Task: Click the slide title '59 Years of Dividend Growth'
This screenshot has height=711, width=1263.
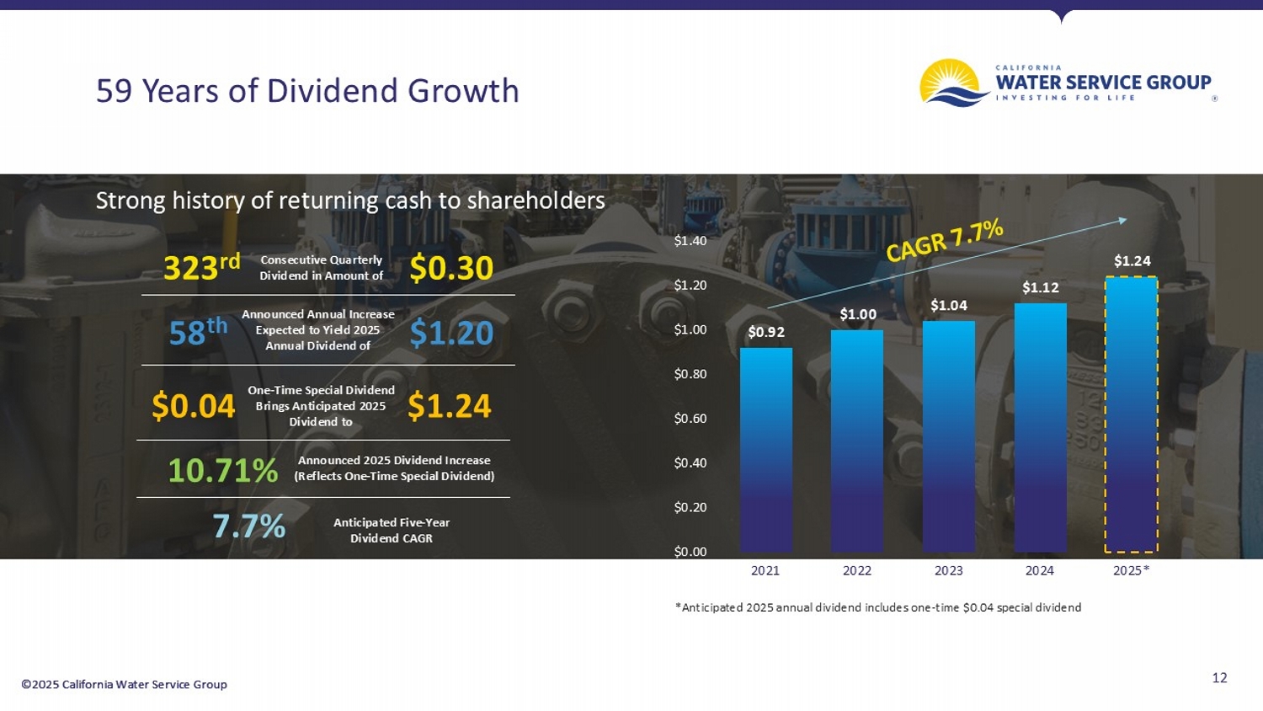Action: click(307, 91)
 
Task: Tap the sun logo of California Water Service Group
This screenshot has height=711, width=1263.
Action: click(953, 83)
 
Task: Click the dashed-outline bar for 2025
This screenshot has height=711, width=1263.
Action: click(1131, 414)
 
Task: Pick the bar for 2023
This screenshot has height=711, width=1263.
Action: click(948, 436)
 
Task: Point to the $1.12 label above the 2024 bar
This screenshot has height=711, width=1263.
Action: click(1040, 288)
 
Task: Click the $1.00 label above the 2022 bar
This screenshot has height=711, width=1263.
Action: click(857, 314)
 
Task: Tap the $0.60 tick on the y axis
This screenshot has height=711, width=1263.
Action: click(690, 419)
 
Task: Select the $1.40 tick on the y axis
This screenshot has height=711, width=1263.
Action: click(690, 241)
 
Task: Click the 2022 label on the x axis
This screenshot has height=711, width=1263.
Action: click(856, 570)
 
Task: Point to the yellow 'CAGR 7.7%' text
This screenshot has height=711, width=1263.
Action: click(945, 240)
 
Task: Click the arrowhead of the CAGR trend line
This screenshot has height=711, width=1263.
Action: click(1122, 220)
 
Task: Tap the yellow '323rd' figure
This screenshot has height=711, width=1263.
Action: click(201, 267)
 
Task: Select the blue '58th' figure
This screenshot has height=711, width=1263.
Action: click(198, 332)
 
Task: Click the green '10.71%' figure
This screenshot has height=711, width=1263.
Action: click(222, 470)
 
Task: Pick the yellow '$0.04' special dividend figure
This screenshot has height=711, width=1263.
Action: click(193, 406)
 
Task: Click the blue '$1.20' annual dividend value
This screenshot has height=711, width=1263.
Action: click(451, 333)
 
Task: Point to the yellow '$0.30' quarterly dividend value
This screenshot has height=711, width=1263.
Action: click(451, 268)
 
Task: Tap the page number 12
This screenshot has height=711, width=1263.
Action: click(1218, 677)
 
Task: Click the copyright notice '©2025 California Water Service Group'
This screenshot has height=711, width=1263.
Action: click(124, 684)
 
